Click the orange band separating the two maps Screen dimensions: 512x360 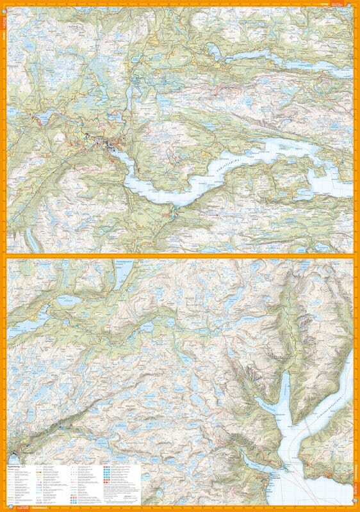180,255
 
